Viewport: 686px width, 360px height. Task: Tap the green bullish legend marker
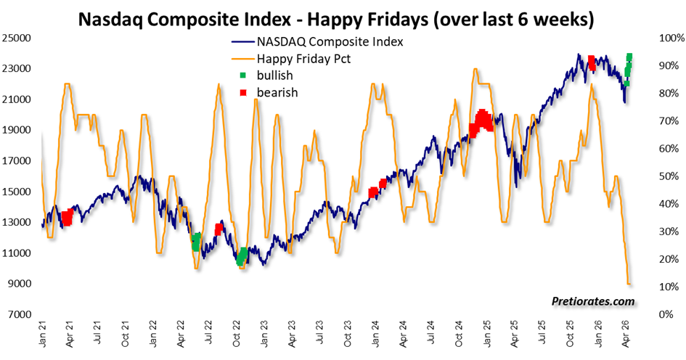(242, 75)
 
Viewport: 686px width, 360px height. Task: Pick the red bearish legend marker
(242, 92)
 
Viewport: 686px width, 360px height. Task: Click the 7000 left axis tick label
(19, 314)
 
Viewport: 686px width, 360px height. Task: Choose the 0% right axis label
(669, 314)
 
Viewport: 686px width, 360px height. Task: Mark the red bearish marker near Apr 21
(68, 216)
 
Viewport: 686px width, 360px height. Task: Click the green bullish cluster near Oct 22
(242, 255)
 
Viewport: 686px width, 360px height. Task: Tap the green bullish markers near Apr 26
(628, 69)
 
